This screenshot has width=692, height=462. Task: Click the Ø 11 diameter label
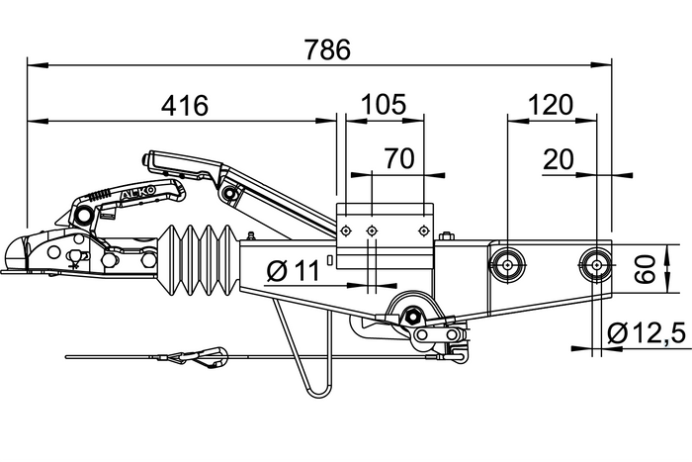[295, 270]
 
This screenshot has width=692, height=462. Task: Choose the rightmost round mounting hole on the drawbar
[594, 263]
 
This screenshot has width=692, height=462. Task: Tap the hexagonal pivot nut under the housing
[408, 317]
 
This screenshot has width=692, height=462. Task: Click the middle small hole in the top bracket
[372, 231]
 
